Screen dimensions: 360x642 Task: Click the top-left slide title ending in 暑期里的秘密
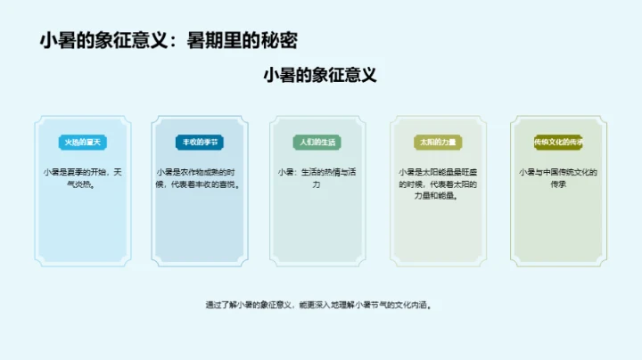(169, 40)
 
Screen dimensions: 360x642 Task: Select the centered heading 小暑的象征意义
(320, 75)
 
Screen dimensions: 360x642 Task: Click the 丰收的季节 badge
(202, 142)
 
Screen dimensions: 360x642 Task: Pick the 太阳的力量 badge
(439, 142)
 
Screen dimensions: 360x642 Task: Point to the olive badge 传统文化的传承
(558, 142)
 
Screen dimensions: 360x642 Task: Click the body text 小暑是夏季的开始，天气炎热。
(83, 178)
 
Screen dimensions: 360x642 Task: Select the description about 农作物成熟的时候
(202, 178)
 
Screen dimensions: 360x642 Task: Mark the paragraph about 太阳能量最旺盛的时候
(439, 184)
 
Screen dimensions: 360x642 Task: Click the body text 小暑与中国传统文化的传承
(558, 178)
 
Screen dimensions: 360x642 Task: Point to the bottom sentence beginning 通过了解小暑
(320, 305)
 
